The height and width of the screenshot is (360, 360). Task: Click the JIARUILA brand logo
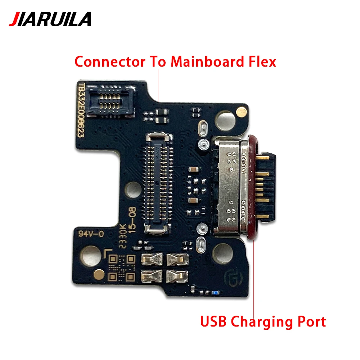click(x=50, y=19)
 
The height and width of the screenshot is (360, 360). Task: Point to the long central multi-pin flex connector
click(x=157, y=182)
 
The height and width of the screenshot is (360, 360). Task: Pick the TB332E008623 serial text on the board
click(x=82, y=112)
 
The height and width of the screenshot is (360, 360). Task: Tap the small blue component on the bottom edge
click(x=215, y=292)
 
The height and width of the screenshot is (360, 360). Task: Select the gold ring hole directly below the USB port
click(x=223, y=252)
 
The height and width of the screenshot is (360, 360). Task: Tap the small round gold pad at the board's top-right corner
click(x=240, y=113)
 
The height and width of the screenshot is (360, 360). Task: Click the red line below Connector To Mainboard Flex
click(x=159, y=85)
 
